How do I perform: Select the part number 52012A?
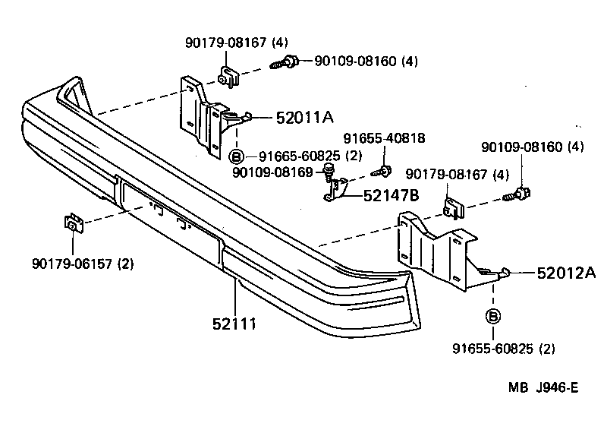tap(566, 273)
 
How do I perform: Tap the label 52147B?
tap(391, 195)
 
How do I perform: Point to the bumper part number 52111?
tap(234, 324)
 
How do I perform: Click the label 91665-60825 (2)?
tap(301, 156)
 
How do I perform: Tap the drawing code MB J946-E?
tap(543, 388)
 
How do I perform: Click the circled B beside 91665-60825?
tap(236, 156)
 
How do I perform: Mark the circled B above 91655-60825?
tap(493, 316)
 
